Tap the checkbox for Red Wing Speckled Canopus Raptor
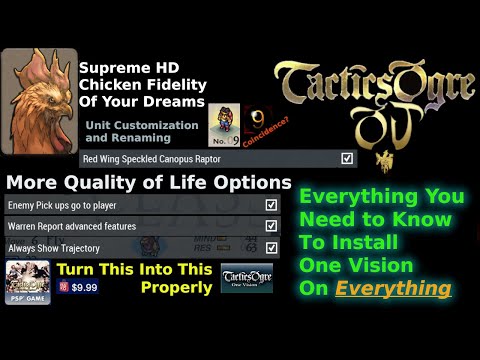(x=347, y=158)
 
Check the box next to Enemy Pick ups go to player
(x=271, y=204)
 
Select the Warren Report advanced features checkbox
(x=271, y=225)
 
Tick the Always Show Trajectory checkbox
(x=271, y=247)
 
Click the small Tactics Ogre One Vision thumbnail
(x=246, y=277)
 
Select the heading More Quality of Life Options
(x=148, y=183)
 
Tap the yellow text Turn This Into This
(x=134, y=269)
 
